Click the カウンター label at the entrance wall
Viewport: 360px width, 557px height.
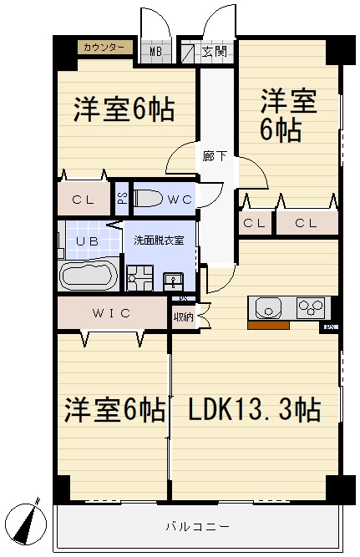point(105,48)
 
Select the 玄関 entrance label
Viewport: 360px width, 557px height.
point(214,52)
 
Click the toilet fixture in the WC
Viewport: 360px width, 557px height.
point(149,198)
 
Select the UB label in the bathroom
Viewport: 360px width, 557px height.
point(87,241)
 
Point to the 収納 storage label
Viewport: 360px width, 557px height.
point(184,316)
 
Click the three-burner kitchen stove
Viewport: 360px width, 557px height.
point(308,307)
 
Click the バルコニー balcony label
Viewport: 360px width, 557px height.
point(198,527)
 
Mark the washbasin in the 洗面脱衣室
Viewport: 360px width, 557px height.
point(173,280)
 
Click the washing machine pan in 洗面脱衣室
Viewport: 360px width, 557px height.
point(138,279)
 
